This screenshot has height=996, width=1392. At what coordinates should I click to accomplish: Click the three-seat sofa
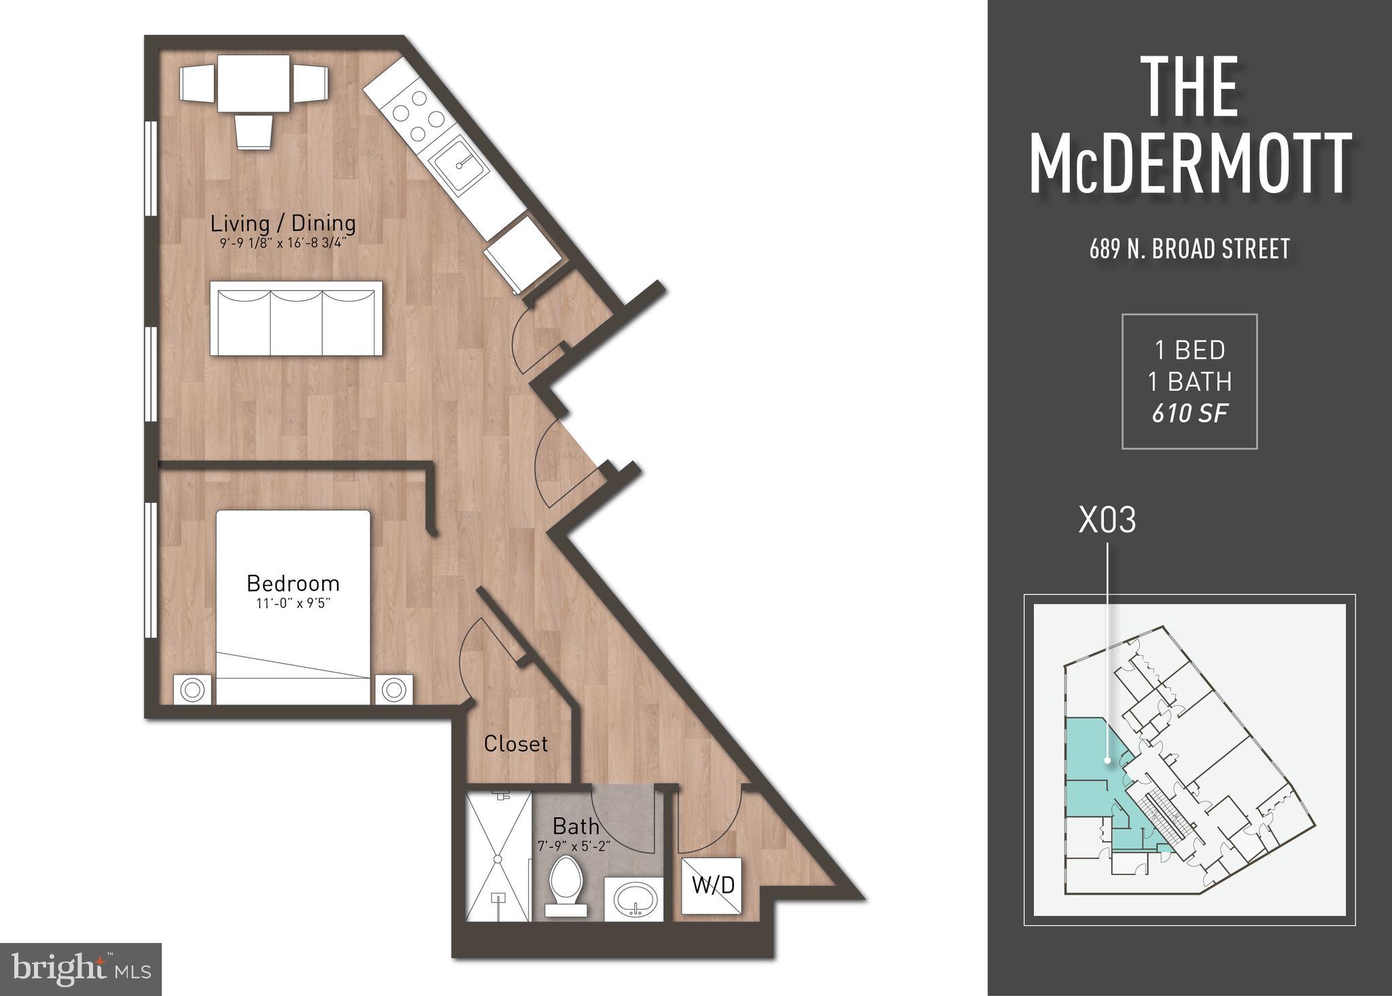point(296,318)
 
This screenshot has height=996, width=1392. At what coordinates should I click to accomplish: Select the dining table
point(254,85)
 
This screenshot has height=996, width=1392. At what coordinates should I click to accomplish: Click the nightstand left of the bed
point(192,690)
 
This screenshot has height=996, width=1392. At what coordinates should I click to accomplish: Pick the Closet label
point(515,744)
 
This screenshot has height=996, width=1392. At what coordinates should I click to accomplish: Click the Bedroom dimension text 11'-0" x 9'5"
point(293,603)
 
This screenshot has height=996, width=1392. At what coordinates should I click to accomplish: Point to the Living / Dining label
point(283,223)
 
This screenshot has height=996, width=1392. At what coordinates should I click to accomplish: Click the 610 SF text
point(1189,413)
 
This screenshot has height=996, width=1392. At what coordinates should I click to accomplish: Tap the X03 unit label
point(1107,521)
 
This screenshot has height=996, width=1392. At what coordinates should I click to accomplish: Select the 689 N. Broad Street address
point(1189,249)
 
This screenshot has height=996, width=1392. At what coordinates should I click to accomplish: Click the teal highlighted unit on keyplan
point(1087,768)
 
